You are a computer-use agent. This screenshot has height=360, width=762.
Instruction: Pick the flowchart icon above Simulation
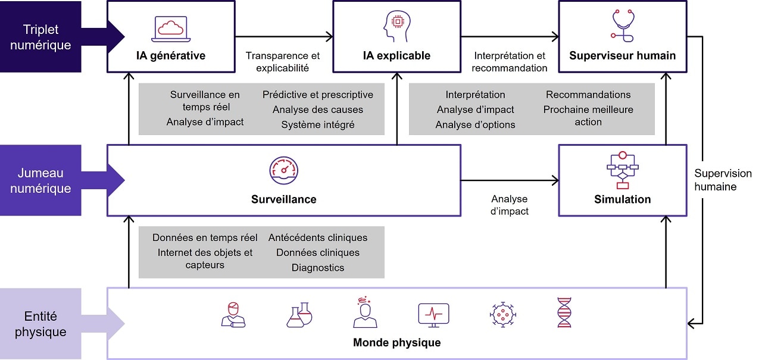622,170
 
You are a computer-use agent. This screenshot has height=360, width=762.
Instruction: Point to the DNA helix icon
563,313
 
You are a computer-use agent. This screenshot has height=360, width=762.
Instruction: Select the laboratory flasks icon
299,314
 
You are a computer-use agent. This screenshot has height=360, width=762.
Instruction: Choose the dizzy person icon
364,313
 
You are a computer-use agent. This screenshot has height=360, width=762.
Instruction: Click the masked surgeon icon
233,314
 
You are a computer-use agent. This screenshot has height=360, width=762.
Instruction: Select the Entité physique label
41,324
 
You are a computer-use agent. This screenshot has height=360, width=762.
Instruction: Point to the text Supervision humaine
723,180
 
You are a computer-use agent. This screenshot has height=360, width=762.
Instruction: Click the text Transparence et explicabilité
283,62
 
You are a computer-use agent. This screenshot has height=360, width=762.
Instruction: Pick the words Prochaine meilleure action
588,115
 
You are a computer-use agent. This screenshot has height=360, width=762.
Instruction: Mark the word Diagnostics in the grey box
318,268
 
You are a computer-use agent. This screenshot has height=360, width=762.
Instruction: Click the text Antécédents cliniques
318,238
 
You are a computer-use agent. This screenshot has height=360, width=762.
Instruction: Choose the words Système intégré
318,124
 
